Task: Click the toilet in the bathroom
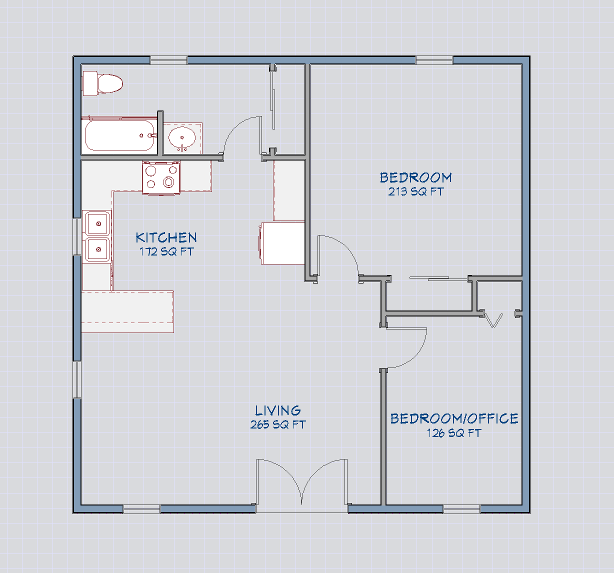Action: pyautogui.click(x=103, y=83)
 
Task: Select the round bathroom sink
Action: pyautogui.click(x=181, y=136)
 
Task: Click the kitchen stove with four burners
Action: pyautogui.click(x=161, y=177)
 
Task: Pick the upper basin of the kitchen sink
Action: pyautogui.click(x=98, y=223)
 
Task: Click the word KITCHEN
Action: pyautogui.click(x=166, y=237)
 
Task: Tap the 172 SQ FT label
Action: pyautogui.click(x=166, y=251)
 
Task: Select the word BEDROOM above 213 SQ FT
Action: pyautogui.click(x=415, y=177)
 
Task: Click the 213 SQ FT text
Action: pyautogui.click(x=415, y=191)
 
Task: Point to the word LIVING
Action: pyautogui.click(x=278, y=411)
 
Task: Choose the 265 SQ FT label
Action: pyautogui.click(x=278, y=425)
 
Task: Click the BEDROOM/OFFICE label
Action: pyautogui.click(x=454, y=418)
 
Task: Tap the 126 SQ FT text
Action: pyautogui.click(x=454, y=433)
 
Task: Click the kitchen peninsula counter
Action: pyautogui.click(x=127, y=311)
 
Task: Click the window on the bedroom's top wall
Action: pyautogui.click(x=434, y=60)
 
